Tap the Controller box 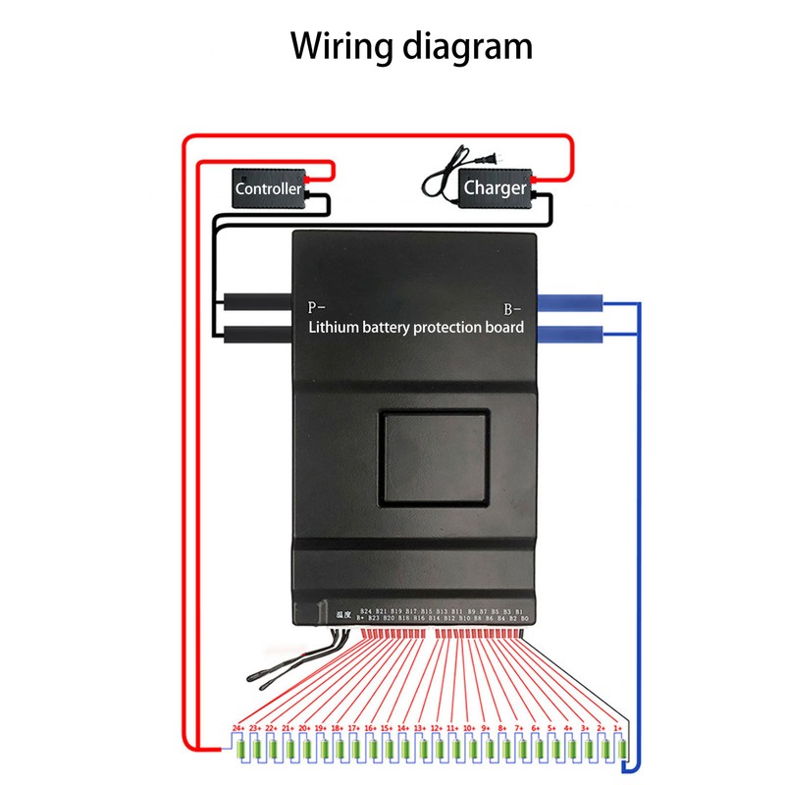[269, 187]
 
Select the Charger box [496, 187]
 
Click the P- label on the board [319, 306]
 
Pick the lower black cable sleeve [255, 336]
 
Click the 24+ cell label [238, 728]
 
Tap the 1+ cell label [617, 728]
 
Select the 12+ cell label [437, 728]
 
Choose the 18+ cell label [338, 728]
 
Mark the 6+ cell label [536, 728]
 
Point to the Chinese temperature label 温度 [343, 613]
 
